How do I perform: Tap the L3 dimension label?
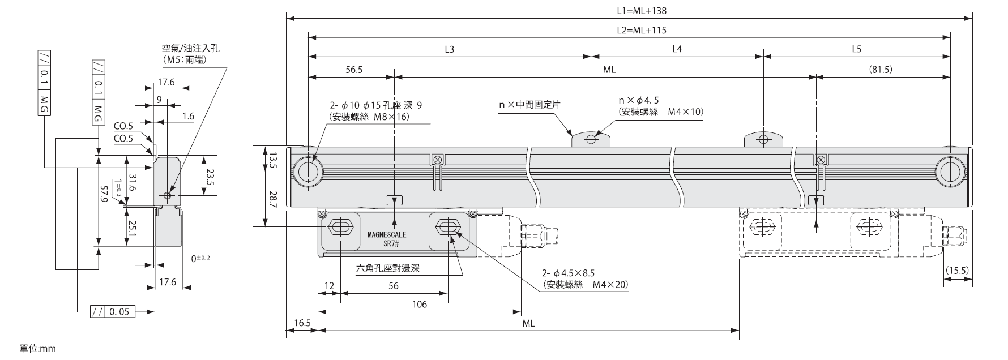449,49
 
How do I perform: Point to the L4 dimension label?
677,49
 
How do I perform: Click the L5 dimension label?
856,49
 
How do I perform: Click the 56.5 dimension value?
353,70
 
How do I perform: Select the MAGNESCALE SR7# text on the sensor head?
387,238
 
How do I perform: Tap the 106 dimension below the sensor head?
419,305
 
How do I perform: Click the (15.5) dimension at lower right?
957,271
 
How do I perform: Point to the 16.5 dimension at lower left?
302,323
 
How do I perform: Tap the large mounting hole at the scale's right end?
949,170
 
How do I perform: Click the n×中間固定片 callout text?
529,104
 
